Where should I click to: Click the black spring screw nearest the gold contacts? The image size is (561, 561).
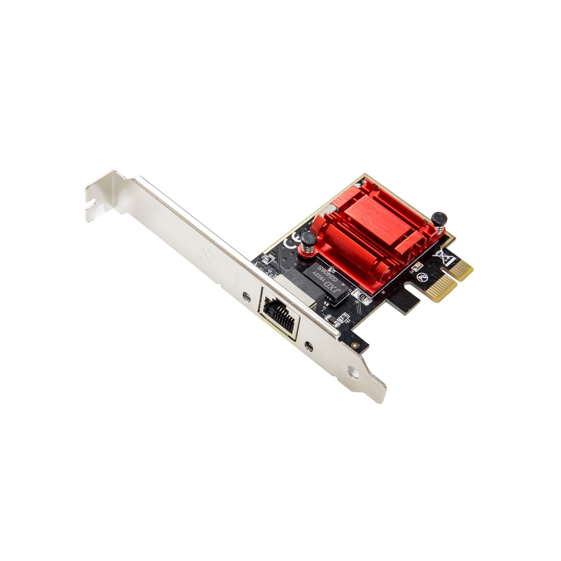click(438, 219)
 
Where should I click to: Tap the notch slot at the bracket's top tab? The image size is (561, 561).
click(92, 205)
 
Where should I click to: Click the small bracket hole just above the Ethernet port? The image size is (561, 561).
click(246, 297)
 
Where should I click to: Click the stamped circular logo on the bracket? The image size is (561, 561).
click(207, 258)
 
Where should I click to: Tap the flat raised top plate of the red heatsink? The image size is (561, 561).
click(370, 217)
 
